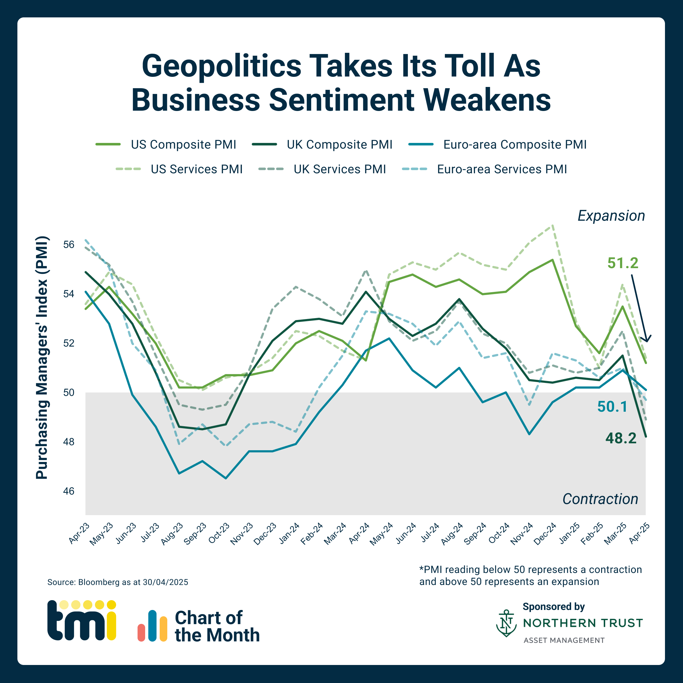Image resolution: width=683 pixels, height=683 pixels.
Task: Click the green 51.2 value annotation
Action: pyautogui.click(x=623, y=263)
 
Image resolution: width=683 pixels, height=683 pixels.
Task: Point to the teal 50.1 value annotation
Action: pyautogui.click(x=612, y=407)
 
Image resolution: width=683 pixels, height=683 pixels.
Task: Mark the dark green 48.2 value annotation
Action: pyautogui.click(x=621, y=438)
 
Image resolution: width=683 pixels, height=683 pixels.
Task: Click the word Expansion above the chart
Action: pyautogui.click(x=611, y=216)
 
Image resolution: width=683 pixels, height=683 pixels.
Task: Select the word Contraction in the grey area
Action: pyautogui.click(x=600, y=499)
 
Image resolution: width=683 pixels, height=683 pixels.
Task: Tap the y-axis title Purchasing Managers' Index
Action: pyautogui.click(x=42, y=357)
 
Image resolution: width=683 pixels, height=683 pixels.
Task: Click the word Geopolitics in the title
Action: pyautogui.click(x=221, y=66)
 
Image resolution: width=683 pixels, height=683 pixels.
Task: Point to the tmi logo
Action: pyautogui.click(x=82, y=620)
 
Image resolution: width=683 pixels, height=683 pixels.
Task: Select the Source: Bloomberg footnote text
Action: pyautogui.click(x=118, y=582)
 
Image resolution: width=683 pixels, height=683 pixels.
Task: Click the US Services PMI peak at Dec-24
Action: pyautogui.click(x=552, y=225)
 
